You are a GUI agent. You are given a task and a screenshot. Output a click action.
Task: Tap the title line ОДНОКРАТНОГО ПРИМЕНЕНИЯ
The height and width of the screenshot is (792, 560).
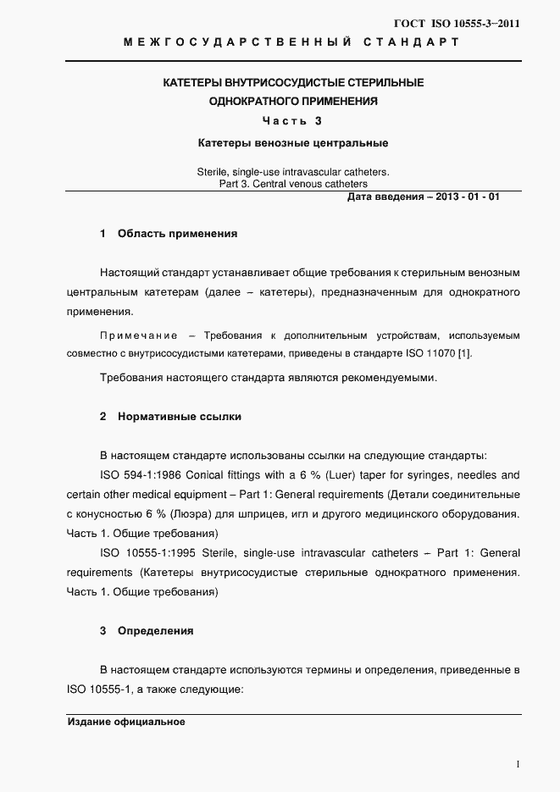[x=293, y=102]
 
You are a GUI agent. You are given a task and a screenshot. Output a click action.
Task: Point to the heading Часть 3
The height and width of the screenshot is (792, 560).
[x=292, y=120]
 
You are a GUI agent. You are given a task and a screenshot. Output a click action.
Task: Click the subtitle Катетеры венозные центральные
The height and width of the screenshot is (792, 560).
[x=292, y=143]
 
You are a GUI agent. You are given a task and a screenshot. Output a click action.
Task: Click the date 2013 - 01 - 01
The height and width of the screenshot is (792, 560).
[x=468, y=197]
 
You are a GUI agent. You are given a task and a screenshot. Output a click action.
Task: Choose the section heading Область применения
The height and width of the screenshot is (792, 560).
[x=177, y=233]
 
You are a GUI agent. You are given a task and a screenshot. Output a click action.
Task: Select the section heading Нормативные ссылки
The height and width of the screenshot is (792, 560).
[x=180, y=417]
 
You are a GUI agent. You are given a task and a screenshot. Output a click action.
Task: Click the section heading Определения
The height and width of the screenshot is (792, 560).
[x=155, y=631]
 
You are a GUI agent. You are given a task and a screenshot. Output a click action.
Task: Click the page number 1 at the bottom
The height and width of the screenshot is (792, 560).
[x=517, y=764]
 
